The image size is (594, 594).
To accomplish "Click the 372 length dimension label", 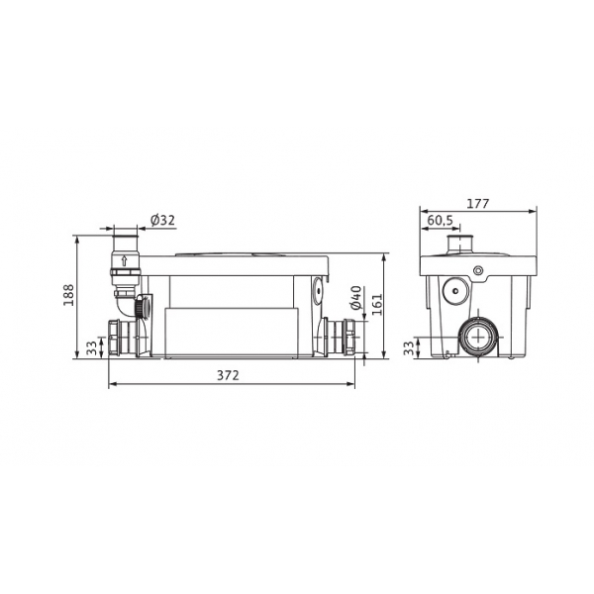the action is pyautogui.click(x=228, y=375).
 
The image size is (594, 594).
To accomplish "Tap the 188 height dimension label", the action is pyautogui.click(x=69, y=295).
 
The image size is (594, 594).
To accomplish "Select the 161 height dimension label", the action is pyautogui.click(x=376, y=304).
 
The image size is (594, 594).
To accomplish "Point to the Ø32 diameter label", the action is pyautogui.click(x=163, y=220).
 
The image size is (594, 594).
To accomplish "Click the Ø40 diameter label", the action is pyautogui.click(x=356, y=298).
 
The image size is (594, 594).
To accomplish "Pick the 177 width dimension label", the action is pyautogui.click(x=478, y=203).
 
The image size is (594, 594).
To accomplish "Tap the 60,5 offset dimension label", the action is pyautogui.click(x=441, y=220).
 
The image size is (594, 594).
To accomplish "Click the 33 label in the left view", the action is pyautogui.click(x=91, y=348).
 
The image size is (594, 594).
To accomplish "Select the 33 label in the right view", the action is pyautogui.click(x=408, y=348).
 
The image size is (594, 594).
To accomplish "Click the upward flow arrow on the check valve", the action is pyautogui.click(x=124, y=260).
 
